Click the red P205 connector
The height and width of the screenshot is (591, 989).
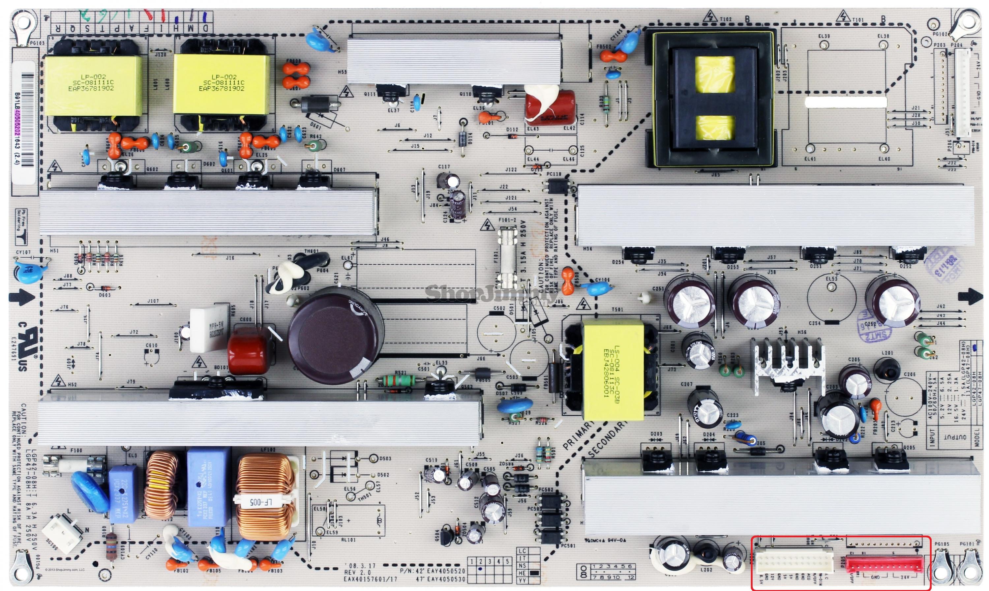click(884, 564)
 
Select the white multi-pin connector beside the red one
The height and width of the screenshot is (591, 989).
click(794, 563)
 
